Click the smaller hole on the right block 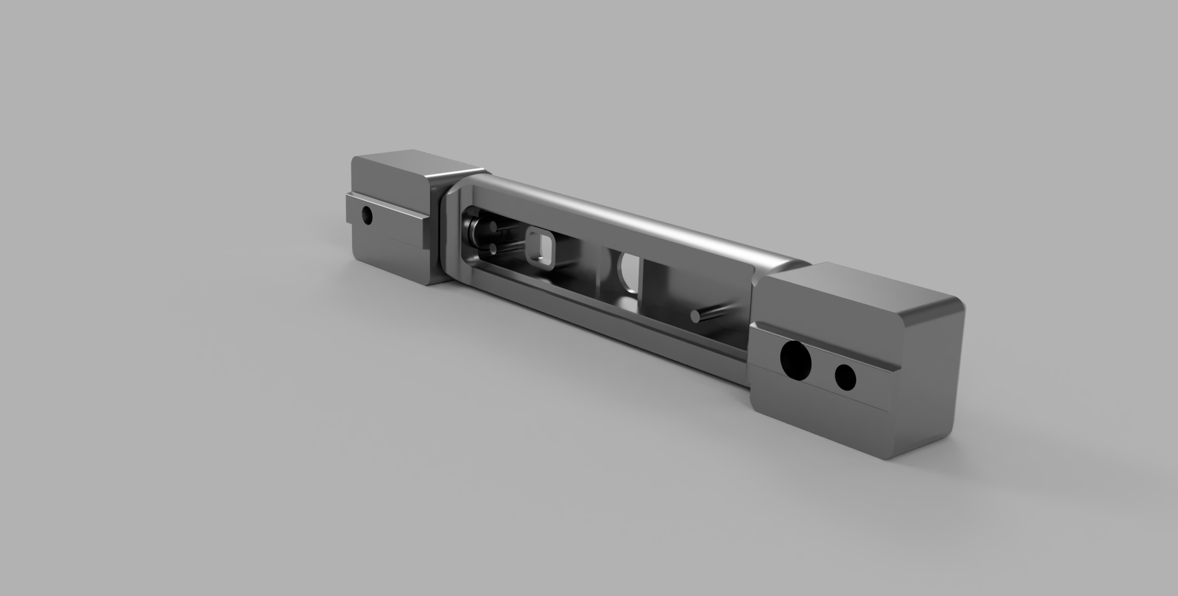(845, 377)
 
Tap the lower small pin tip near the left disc (494, 249)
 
